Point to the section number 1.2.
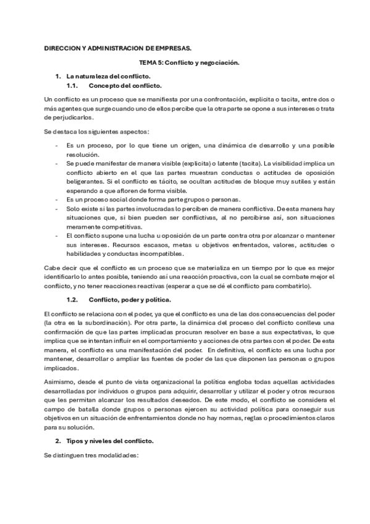pos(73,300)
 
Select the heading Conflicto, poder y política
pos(130,300)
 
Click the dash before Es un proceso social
pos(56,200)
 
